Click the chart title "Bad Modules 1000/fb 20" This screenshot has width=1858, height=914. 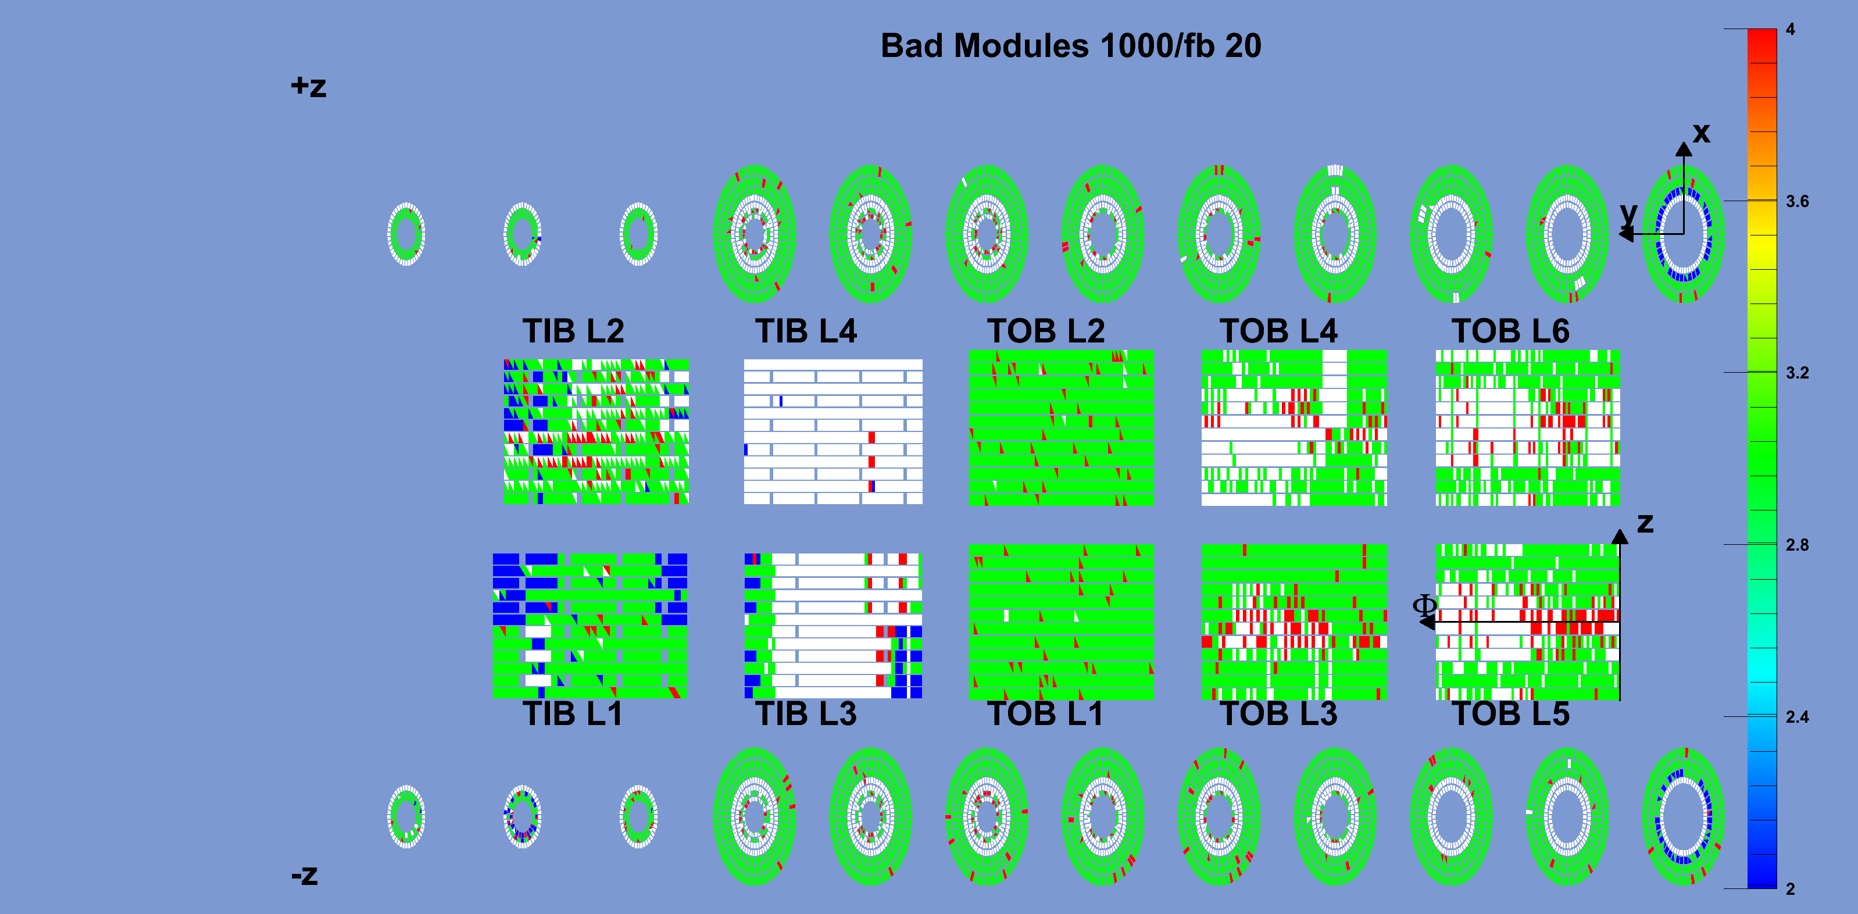pos(1070,46)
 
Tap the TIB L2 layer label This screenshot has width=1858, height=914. pos(573,331)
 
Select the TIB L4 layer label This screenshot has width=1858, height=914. pos(806,331)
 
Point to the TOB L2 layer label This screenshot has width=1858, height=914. pos(1046,331)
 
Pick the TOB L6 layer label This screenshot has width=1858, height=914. pos(1510,331)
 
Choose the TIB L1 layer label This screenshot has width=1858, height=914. pos(572,713)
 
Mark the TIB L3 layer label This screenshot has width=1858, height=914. pos(806,713)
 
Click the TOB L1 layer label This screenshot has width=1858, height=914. pos(1045,713)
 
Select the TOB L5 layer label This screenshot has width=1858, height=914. pos(1510,713)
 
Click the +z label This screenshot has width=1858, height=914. pos(309,87)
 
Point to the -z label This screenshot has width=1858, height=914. pos(305,875)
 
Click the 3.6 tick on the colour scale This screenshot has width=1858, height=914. pos(1798,201)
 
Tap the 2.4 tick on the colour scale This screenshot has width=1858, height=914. pos(1798,717)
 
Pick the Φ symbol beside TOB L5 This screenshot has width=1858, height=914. pos(1424,606)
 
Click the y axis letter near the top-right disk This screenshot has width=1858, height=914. pos(1628,213)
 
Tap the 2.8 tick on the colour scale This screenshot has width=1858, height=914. pos(1798,545)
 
